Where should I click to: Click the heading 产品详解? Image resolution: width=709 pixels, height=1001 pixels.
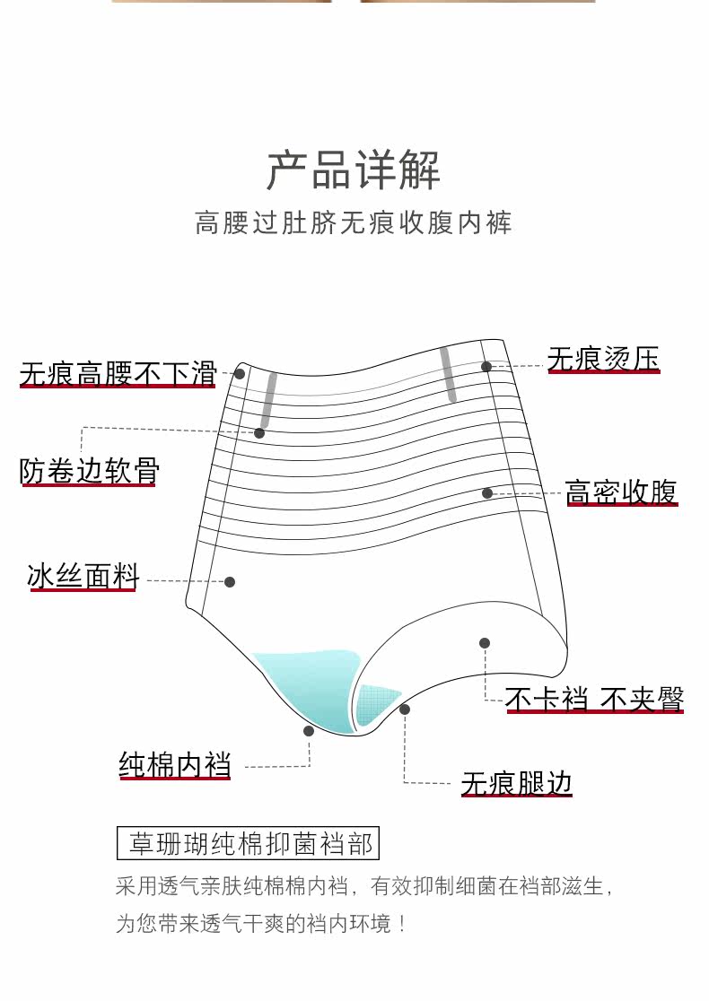point(354,170)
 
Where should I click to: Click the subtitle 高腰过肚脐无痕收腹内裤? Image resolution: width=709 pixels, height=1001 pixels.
point(354,222)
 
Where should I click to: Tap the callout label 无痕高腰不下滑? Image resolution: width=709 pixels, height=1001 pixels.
point(118,373)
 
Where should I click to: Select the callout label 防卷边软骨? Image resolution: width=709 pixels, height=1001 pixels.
point(89,471)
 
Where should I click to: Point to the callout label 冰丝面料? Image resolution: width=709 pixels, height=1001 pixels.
point(83,577)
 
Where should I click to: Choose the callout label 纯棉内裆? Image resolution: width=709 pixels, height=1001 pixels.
point(175,765)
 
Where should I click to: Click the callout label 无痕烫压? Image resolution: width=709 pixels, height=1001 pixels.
point(603,360)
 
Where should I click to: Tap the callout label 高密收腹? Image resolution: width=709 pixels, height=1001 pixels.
point(621,492)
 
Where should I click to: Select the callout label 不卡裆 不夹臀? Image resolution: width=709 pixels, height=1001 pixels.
point(594,699)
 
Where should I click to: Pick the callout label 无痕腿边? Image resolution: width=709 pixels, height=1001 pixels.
point(516,783)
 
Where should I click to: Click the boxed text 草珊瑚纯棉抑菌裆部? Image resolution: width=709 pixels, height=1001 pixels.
point(249,844)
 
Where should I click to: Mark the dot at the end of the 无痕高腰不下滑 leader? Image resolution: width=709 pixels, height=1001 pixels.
point(240,373)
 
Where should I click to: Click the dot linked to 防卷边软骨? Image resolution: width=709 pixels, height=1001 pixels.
point(259,433)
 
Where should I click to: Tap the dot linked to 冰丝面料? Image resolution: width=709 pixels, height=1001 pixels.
point(230,582)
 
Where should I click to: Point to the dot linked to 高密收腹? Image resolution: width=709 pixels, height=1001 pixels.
point(487,493)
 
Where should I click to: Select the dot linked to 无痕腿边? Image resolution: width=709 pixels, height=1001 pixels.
point(405,709)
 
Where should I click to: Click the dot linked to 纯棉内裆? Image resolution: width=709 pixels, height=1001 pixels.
point(309,731)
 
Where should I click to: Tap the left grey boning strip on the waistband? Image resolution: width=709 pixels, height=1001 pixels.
point(268,400)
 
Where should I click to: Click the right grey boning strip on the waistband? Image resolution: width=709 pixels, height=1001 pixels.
point(448,375)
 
